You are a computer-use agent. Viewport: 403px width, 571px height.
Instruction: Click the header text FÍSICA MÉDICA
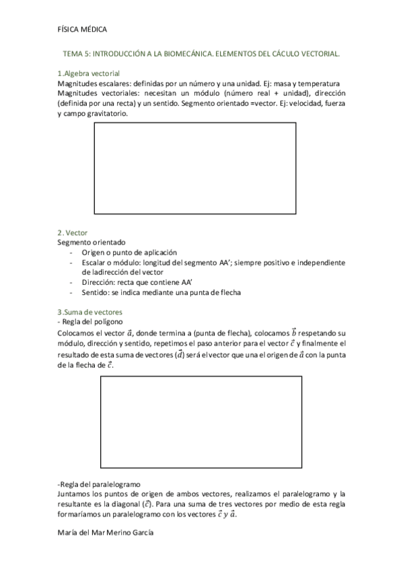click(83, 30)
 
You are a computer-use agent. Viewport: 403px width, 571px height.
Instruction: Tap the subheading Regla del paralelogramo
click(99, 483)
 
